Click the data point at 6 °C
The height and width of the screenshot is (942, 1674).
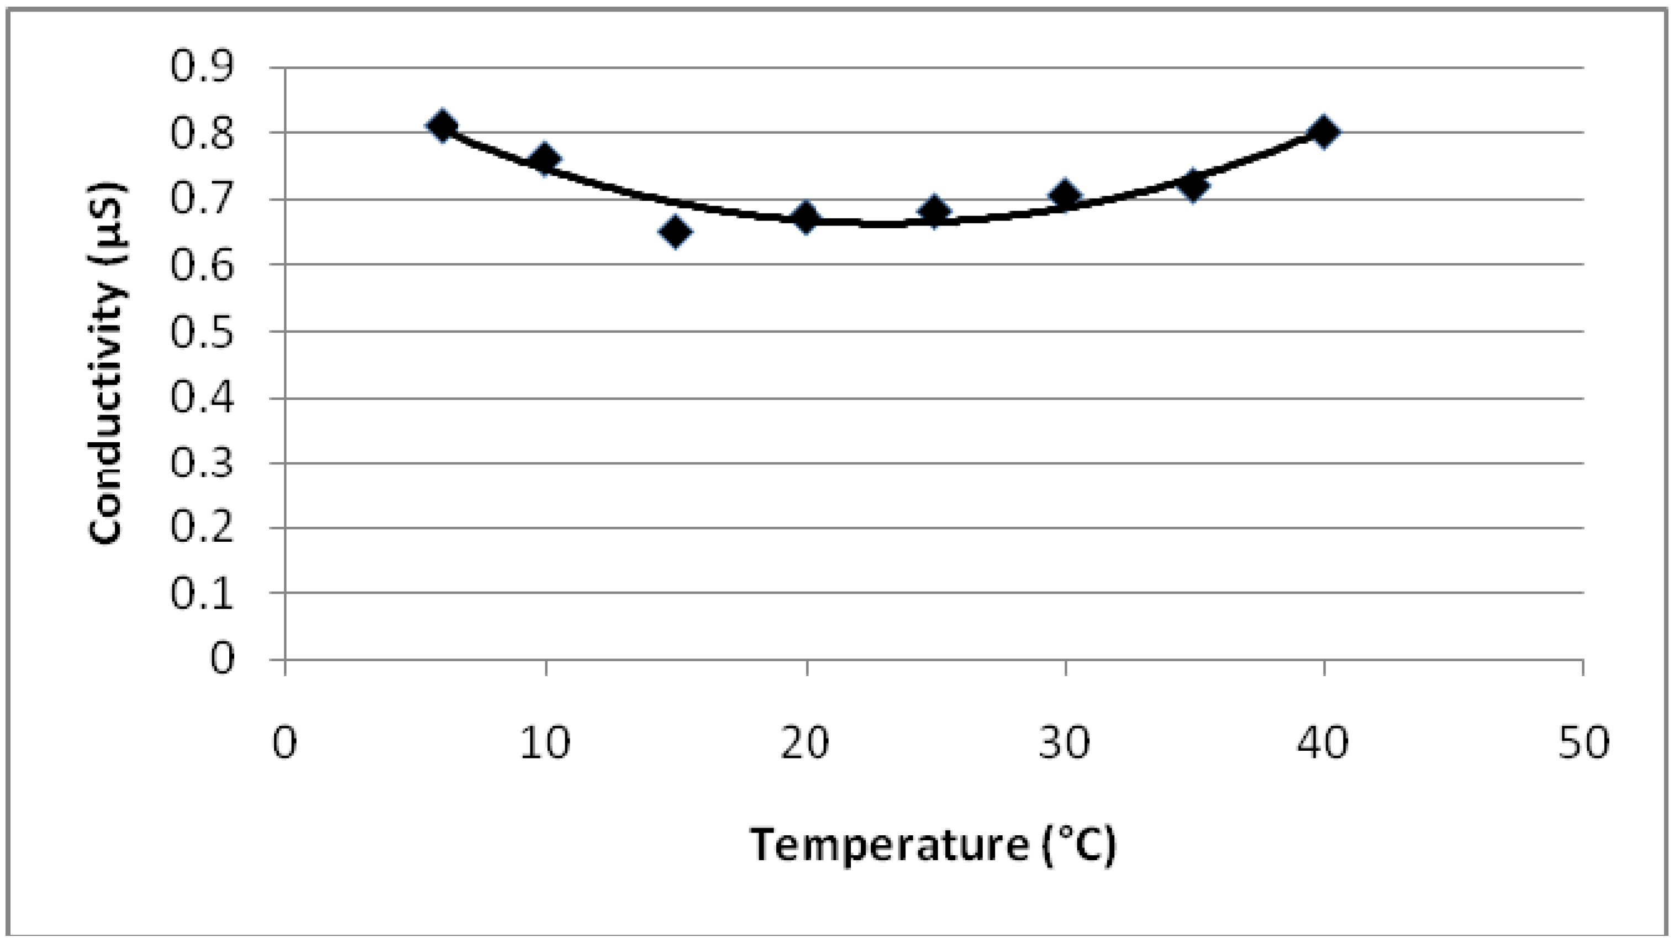click(x=443, y=125)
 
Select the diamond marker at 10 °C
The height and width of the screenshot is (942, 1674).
click(x=545, y=159)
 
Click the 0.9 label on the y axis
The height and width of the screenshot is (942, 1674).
click(x=202, y=67)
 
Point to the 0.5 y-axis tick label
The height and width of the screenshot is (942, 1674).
click(x=202, y=332)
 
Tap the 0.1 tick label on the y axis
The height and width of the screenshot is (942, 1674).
click(x=202, y=594)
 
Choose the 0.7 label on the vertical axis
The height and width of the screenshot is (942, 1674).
click(x=202, y=199)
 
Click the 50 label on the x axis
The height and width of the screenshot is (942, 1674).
click(x=1583, y=742)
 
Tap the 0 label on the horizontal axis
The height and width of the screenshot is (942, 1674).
click(x=285, y=742)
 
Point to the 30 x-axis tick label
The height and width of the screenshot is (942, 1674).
click(x=1064, y=742)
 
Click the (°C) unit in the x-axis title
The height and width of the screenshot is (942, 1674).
click(x=1079, y=845)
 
